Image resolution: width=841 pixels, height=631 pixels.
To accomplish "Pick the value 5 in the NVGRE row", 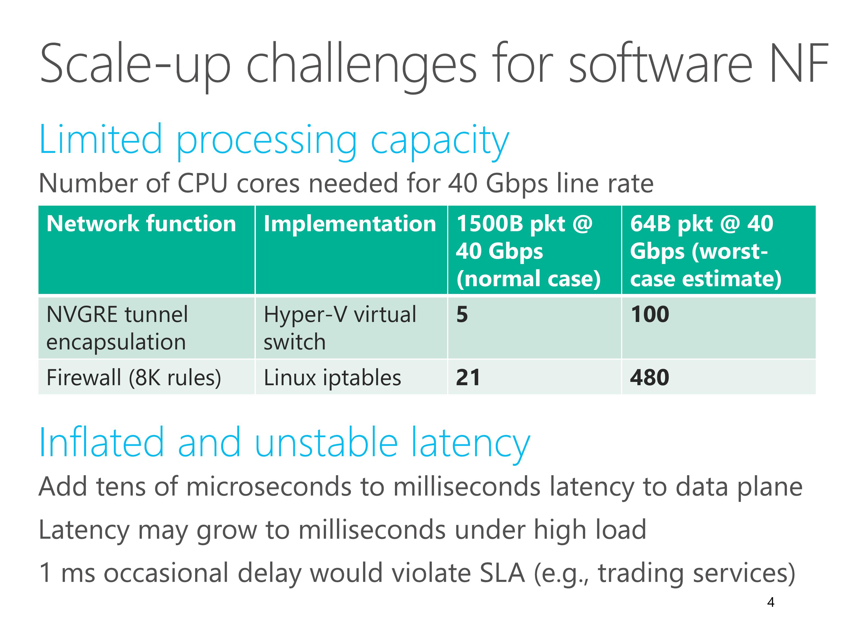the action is coord(462,315).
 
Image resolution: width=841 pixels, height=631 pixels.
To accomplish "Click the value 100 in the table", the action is coord(650,315).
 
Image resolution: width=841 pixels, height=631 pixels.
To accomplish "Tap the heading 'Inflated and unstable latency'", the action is coord(284,443).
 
